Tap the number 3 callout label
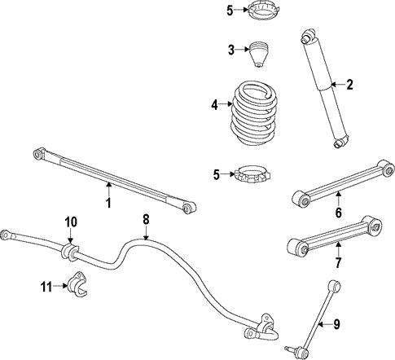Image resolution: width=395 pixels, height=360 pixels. pyautogui.click(x=232, y=50)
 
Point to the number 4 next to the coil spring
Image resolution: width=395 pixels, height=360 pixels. pyautogui.click(x=215, y=104)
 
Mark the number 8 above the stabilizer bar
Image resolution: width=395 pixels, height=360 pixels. pyautogui.click(x=146, y=219)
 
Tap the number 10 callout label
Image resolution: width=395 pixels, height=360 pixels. pyautogui.click(x=71, y=222)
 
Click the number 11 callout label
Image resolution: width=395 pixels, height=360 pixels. pyautogui.click(x=48, y=285)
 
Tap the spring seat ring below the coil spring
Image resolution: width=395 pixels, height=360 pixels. pyautogui.click(x=255, y=173)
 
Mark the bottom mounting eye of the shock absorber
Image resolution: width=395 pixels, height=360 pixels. pyautogui.click(x=340, y=143)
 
